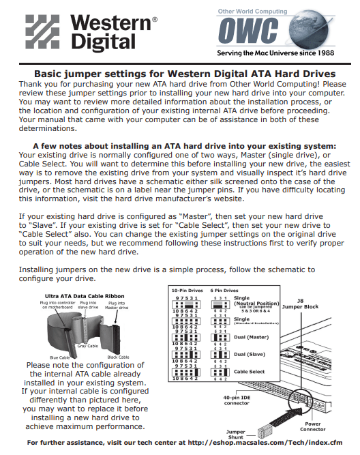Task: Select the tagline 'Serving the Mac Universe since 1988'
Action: (x=275, y=53)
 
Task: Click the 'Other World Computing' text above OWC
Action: (x=252, y=12)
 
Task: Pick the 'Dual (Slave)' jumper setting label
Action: (x=250, y=354)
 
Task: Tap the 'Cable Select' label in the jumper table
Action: (x=250, y=372)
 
